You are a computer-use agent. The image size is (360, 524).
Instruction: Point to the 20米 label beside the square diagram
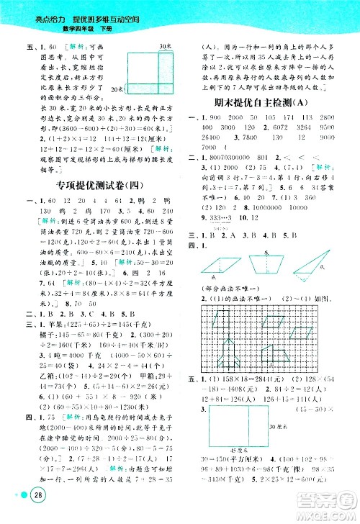[120, 89]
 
